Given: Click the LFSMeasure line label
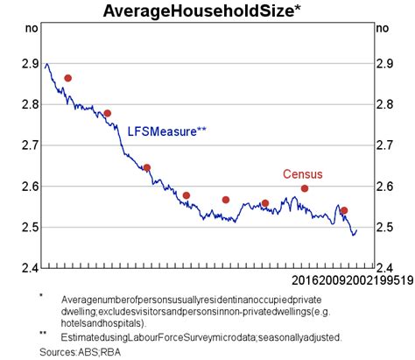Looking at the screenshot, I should click(167, 131).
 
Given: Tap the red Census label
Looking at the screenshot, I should click(302, 174).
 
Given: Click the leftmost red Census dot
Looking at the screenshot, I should click(67, 78).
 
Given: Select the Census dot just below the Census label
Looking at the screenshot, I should click(305, 188).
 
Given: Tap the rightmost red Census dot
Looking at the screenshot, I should click(344, 210).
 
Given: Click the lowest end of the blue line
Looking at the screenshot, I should click(354, 235).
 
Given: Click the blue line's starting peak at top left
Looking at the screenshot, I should click(46, 64).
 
